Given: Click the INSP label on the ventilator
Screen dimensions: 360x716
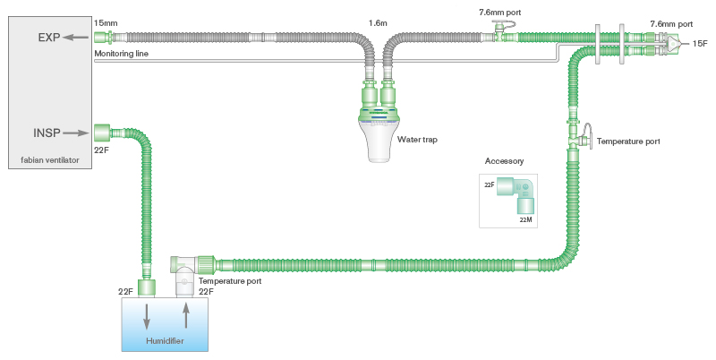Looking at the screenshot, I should (47, 133).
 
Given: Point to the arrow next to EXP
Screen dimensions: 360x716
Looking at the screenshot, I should (78, 38).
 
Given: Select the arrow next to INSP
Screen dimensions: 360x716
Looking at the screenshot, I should (77, 133).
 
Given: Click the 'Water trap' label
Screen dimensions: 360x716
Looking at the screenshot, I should (416, 139).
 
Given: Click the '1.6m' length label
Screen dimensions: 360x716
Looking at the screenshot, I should (379, 21).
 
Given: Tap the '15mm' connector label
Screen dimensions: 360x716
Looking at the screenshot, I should (105, 21).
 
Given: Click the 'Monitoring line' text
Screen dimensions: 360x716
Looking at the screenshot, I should (122, 54).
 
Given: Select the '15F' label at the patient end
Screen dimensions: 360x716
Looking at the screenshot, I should (701, 43).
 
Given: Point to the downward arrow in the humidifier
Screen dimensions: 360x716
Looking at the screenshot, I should (145, 318).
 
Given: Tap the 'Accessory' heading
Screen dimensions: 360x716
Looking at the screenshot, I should (504, 161).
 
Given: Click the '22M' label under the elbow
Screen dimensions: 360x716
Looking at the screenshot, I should (526, 219).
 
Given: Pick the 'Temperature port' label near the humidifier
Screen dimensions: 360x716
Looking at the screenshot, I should (230, 281).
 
